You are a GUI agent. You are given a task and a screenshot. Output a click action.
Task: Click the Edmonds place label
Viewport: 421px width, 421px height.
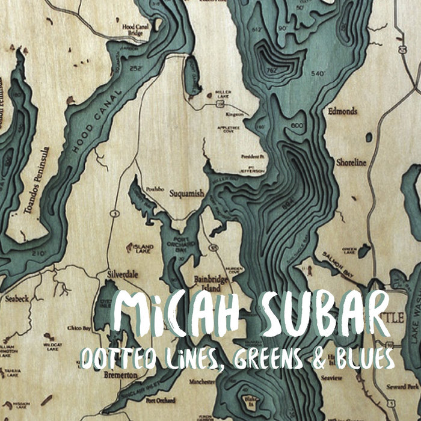coord(343,111)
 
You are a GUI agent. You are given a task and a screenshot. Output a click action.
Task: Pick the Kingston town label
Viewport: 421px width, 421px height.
coord(235,113)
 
